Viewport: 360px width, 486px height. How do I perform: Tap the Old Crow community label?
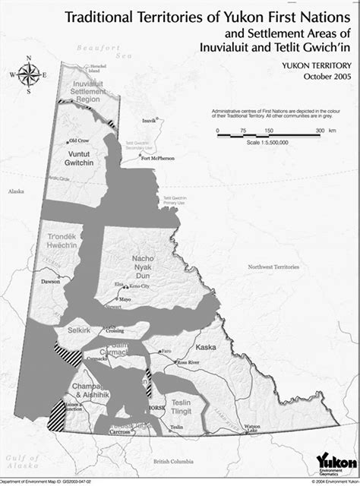click(x=78, y=140)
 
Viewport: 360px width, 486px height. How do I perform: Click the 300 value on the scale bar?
click(x=321, y=131)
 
